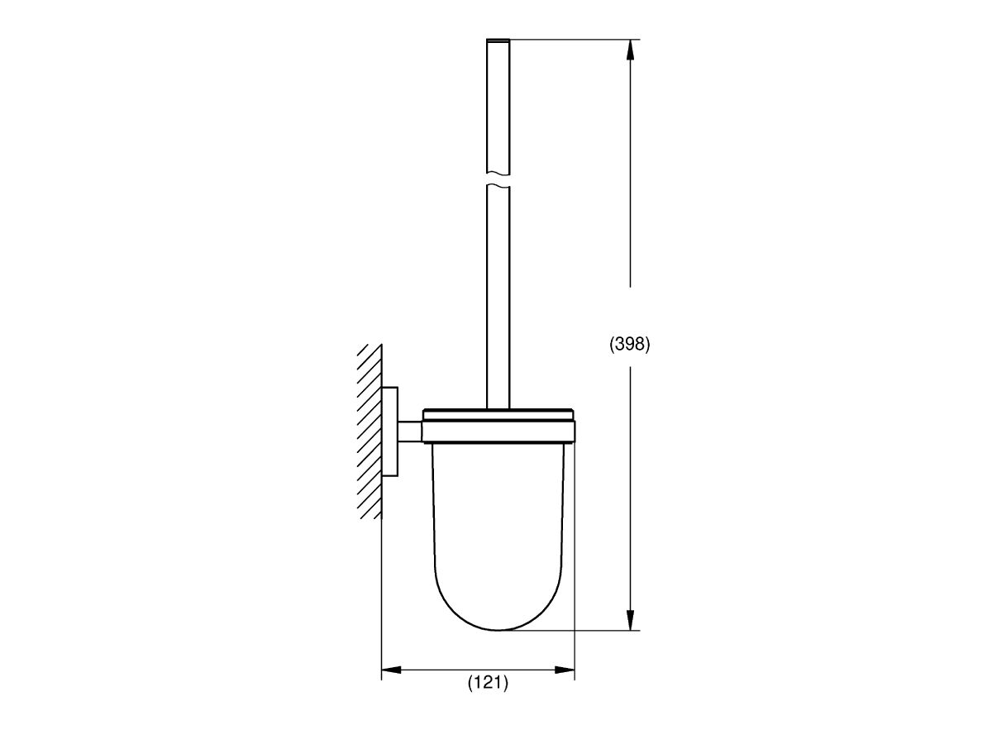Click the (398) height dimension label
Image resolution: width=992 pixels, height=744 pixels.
[630, 346]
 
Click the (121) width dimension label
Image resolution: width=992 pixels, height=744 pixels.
[488, 683]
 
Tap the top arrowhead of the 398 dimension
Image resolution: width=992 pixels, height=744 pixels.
[631, 50]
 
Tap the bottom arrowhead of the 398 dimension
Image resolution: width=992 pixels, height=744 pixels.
[631, 620]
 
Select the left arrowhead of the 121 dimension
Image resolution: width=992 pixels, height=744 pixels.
[391, 670]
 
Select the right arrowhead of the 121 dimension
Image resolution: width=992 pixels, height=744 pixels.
[565, 670]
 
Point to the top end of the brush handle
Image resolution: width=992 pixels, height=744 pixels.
[498, 41]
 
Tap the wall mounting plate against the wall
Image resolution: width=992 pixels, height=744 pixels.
[390, 432]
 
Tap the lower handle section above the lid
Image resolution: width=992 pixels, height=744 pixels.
[498, 298]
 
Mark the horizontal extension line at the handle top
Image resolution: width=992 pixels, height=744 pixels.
[570, 39]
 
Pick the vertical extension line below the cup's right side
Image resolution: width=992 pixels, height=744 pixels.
[575, 653]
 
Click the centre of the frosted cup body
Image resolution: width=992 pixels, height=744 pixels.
[498, 529]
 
